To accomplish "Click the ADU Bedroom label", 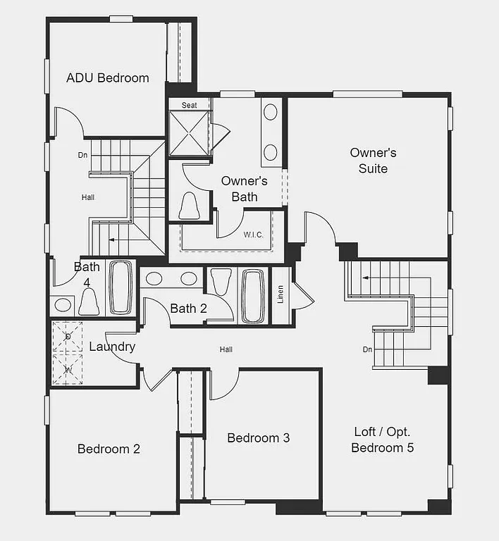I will pos(107,77).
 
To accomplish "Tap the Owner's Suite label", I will pos(373,161).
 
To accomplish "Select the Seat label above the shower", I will pos(190,105).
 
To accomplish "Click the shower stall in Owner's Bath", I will pos(190,134).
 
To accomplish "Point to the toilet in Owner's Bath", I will pos(189,205).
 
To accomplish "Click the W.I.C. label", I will pos(254,235).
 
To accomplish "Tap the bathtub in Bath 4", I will pos(120,287).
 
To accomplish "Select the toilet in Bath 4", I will pos(89,301).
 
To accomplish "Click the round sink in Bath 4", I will pos(63,305).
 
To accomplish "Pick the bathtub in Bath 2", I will pos(253,295).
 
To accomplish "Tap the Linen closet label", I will pos(281,296).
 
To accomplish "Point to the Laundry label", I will pos(112,347).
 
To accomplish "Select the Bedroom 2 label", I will pos(109,449).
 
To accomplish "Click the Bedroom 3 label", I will pos(258,437).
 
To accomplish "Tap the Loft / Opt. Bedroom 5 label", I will pos(382,440).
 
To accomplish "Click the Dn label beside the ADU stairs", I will pos(83,155).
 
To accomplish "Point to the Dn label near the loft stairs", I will pos(367,349).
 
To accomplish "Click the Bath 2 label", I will pos(188,308).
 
